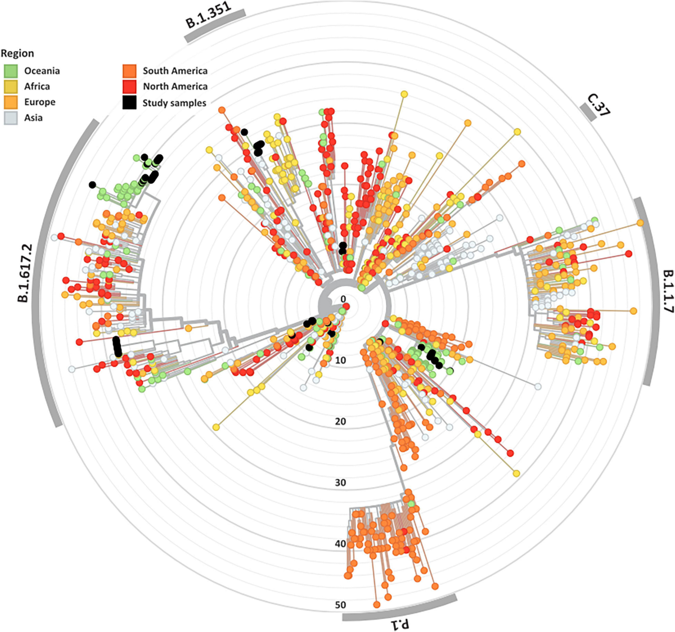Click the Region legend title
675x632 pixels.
pos(17,53)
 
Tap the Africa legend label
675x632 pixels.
pos(37,87)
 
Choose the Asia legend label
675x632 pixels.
pos(33,118)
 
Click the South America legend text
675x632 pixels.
pos(174,71)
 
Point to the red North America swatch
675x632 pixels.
pos(130,87)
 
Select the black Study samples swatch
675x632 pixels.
pos(130,103)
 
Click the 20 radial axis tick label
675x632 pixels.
pos(340,422)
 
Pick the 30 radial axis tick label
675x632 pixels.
pos(340,483)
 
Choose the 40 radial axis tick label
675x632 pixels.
pos(340,544)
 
